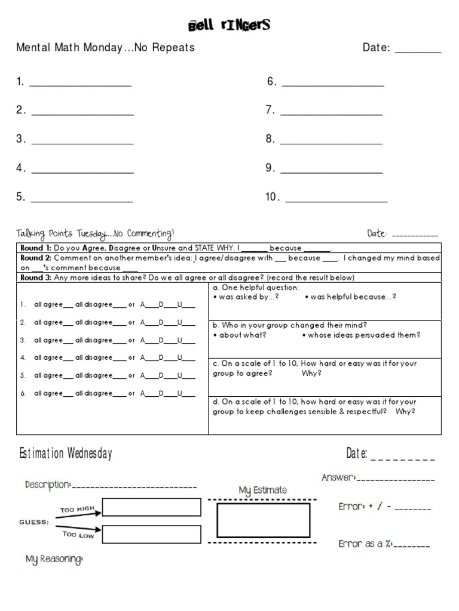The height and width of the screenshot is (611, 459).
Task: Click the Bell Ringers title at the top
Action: point(229,25)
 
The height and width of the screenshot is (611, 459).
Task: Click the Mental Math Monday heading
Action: point(105,48)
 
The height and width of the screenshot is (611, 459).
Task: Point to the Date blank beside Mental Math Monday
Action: point(418,51)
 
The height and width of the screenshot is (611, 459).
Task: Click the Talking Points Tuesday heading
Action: point(96,233)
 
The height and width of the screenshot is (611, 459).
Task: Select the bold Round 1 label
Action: point(35,248)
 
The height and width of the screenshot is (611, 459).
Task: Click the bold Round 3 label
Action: point(35,277)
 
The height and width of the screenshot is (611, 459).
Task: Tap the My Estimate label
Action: point(262,490)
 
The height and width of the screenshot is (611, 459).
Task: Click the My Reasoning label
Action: point(54,560)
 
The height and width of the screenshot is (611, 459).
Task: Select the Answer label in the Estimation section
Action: point(338,477)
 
